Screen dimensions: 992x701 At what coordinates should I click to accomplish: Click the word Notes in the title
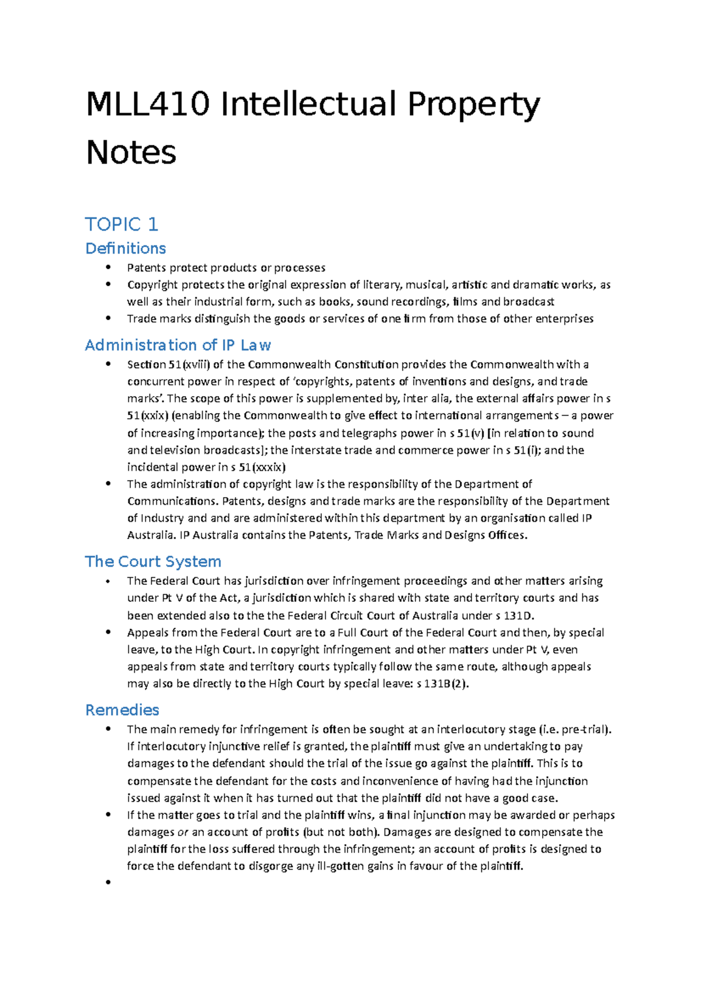point(131,153)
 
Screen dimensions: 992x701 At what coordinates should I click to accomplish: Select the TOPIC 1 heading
point(122,224)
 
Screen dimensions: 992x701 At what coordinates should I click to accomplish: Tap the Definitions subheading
point(126,248)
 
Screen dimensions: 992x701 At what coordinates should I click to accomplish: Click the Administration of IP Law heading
point(178,345)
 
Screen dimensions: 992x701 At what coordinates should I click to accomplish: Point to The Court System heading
point(153,561)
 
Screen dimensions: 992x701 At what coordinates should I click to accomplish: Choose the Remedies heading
point(122,710)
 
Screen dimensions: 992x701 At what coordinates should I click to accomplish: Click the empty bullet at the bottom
point(108,882)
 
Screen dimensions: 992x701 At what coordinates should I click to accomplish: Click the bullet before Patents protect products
point(108,267)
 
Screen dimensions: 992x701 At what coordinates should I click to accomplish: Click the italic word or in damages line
point(183,832)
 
